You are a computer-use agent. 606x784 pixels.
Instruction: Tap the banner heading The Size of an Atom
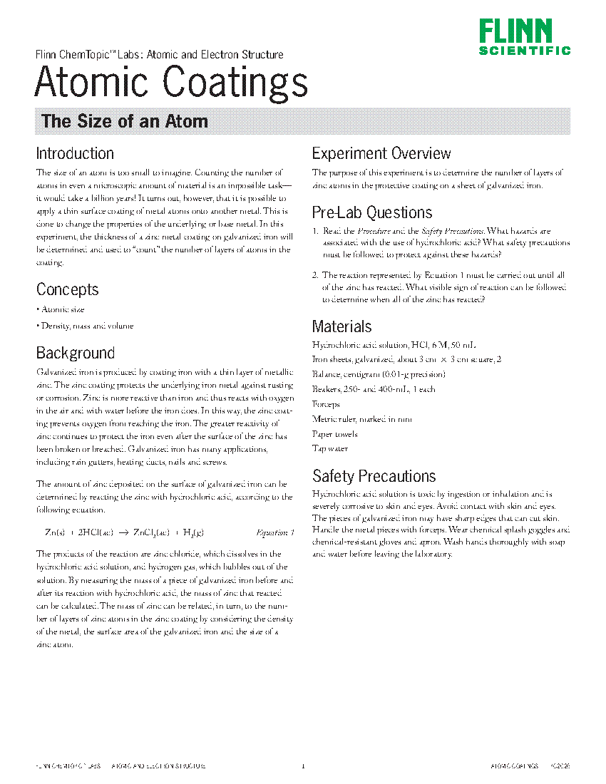point(125,121)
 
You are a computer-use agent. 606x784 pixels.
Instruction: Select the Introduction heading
point(75,153)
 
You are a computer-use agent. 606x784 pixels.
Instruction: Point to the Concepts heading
point(68,289)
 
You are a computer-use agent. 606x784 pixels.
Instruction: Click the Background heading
point(76,353)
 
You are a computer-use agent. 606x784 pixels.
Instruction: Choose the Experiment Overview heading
point(381,153)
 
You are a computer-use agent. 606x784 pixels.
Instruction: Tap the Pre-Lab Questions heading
point(372,212)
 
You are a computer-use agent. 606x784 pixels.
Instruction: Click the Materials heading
point(342,326)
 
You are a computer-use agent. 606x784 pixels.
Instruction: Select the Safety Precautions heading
point(374,475)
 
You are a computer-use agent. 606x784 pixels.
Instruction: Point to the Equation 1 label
point(274,532)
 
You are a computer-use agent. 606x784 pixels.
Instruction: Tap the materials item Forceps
point(327,404)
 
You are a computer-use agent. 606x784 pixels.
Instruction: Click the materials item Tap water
point(330,449)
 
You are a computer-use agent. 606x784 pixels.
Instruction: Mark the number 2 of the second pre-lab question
point(315,275)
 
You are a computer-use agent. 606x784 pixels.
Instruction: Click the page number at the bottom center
point(303,767)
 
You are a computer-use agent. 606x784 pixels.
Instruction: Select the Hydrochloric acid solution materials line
point(394,344)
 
